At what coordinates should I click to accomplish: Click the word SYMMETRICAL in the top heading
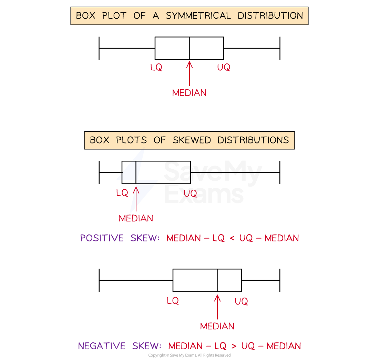[198, 16]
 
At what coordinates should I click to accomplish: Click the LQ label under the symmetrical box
[156, 68]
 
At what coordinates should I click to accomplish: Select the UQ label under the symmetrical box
[224, 68]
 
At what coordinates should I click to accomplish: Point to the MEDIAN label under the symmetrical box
[189, 93]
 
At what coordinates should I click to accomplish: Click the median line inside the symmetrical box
[189, 48]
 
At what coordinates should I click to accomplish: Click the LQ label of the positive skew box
[122, 193]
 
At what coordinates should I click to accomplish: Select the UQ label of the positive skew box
[190, 194]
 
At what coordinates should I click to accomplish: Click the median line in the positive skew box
[136, 172]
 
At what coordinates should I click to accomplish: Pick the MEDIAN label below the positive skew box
[136, 218]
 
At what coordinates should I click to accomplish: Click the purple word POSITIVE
[102, 238]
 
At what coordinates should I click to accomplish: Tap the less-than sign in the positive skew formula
[232, 238]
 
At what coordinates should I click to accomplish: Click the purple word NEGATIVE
[102, 346]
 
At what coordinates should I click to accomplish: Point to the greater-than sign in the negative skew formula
[234, 346]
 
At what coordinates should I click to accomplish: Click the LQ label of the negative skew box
[173, 301]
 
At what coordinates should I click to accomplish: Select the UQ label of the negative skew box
[241, 302]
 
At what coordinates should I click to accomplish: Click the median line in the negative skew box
[217, 280]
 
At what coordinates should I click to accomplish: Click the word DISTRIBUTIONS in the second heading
[253, 140]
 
